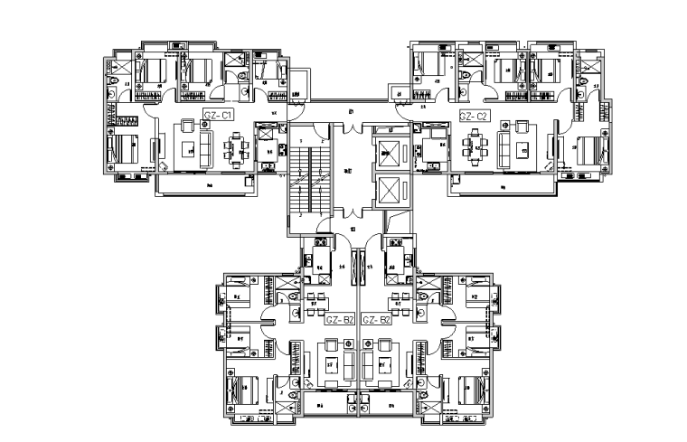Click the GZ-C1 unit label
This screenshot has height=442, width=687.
220,116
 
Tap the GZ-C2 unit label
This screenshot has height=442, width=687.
474,116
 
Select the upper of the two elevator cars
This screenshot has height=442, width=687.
389,154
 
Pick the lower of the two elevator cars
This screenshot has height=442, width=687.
389,192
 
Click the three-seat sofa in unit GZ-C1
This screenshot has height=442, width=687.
207,145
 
